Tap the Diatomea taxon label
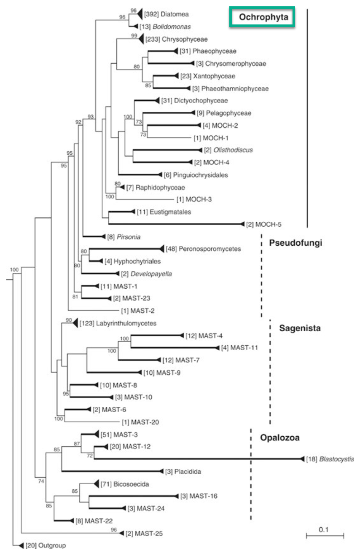click(x=169, y=14)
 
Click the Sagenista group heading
click(x=300, y=328)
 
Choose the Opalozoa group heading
click(x=280, y=438)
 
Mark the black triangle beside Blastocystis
click(x=302, y=459)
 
